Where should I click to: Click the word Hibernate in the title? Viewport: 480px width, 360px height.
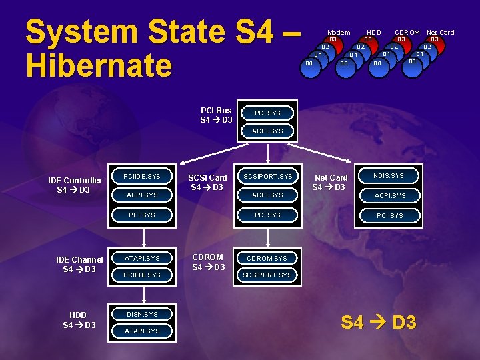pos(99,65)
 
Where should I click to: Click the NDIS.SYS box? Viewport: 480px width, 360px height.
pos(389,176)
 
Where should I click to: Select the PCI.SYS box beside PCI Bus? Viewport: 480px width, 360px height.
pos(267,113)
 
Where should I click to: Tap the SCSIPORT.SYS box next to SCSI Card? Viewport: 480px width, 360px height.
pos(267,176)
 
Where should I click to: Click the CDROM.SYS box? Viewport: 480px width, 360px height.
pos(267,258)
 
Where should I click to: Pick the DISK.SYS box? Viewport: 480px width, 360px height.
pos(143,314)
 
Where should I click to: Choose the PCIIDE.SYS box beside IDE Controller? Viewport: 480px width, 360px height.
pos(143,176)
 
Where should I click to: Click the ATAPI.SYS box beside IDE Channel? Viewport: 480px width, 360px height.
pos(143,258)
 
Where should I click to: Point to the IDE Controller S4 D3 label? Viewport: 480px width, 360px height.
pos(75,185)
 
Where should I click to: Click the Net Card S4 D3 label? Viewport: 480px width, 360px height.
pos(331,182)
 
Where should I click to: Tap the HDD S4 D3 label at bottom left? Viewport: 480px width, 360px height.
pos(79,320)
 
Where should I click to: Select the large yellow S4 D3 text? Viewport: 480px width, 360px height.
pos(378,323)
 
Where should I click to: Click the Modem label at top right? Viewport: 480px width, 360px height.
pos(339,32)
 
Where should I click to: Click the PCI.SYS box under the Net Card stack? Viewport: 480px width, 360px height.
pos(389,215)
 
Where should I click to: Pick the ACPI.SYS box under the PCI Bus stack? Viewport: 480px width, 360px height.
pos(267,131)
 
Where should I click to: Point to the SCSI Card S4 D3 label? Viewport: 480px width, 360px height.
pos(207,182)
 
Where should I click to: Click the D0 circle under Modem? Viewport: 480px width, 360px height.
pos(309,64)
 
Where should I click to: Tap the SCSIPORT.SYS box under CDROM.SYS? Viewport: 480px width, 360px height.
pos(267,275)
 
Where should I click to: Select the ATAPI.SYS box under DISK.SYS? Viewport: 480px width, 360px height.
pos(143,331)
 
